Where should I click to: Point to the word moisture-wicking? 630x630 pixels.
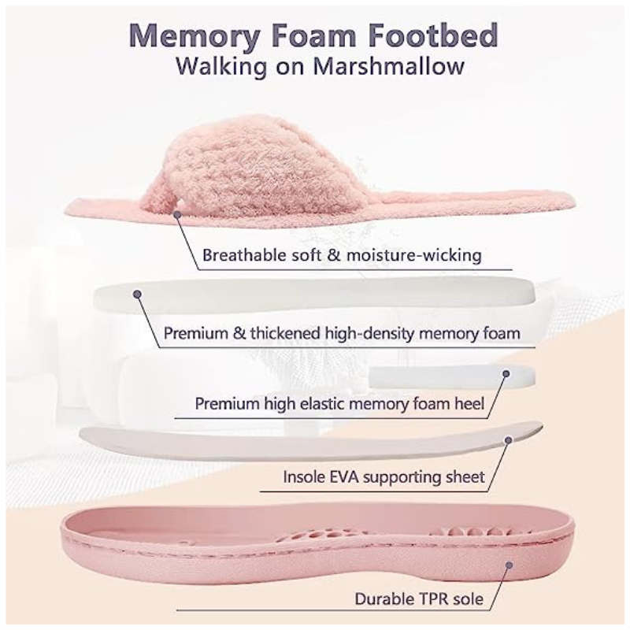click(x=414, y=255)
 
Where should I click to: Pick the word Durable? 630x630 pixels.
click(x=387, y=599)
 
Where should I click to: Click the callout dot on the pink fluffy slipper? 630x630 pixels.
click(x=177, y=215)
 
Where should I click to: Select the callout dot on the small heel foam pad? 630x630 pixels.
click(x=506, y=373)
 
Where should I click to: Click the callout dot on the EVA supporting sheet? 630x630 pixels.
click(x=508, y=440)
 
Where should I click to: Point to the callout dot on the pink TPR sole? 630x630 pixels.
click(x=509, y=565)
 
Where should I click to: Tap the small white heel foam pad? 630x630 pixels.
click(x=452, y=377)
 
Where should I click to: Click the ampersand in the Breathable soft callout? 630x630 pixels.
click(x=334, y=255)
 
